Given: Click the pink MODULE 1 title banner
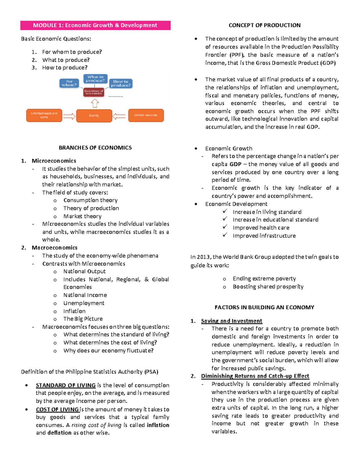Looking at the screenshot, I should (95, 26).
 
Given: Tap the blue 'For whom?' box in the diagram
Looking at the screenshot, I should (69, 83).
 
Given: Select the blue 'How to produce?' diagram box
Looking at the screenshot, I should (121, 83).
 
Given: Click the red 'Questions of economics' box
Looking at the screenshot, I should (94, 92).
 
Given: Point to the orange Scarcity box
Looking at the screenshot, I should (94, 116).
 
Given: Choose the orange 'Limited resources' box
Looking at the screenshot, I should (146, 115).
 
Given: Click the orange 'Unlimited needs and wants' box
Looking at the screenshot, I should (44, 115).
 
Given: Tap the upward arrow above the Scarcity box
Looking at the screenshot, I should (95, 104).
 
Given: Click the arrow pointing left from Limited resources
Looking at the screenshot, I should (119, 116).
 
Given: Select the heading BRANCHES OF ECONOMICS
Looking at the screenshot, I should (95, 148).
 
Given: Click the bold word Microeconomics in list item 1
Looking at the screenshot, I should (54, 161).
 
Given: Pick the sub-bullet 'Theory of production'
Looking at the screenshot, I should (91, 208).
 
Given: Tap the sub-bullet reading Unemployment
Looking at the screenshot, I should (84, 303).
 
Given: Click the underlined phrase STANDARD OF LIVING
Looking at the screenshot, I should (66, 385).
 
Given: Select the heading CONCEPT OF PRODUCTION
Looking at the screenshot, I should (264, 26).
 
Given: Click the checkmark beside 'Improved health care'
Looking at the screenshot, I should (225, 227).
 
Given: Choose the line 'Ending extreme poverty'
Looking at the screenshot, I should (264, 278).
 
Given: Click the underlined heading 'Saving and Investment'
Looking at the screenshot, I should (231, 321).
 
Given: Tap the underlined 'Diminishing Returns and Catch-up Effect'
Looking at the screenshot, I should (255, 376).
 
